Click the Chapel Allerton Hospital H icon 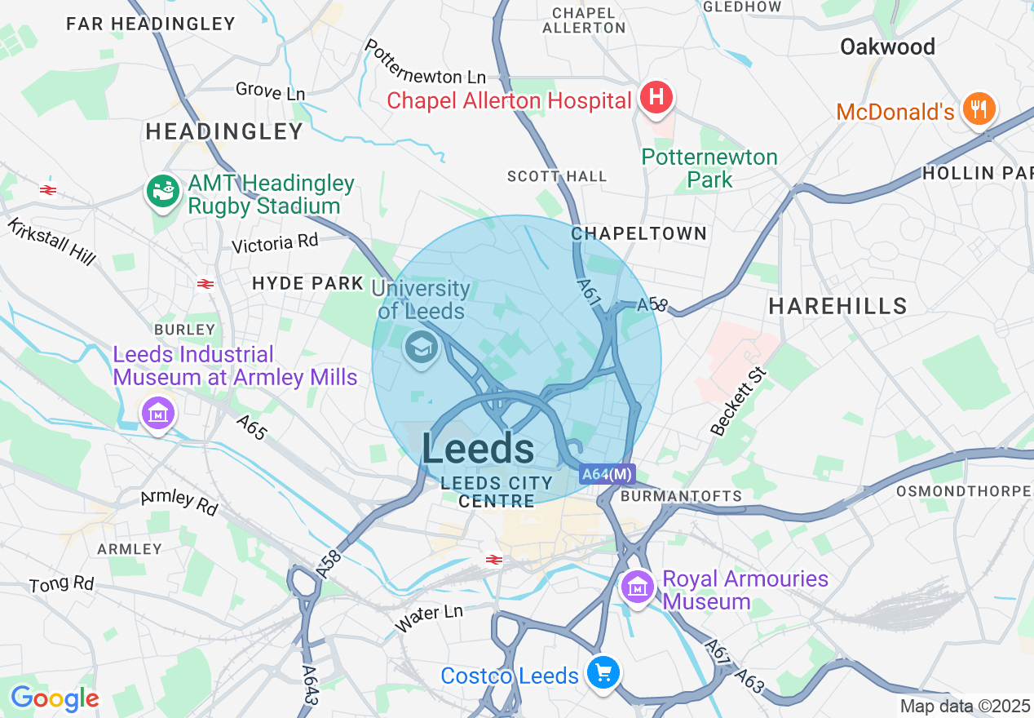(x=656, y=98)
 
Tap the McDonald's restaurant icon (x=977, y=109)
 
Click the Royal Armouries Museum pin (x=637, y=587)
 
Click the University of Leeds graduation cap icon (x=422, y=348)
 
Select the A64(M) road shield (x=608, y=474)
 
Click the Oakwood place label (x=887, y=47)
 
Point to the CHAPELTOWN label (x=639, y=233)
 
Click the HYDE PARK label (x=307, y=283)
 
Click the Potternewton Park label (x=709, y=168)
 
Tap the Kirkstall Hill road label (x=51, y=241)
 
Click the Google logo (x=55, y=698)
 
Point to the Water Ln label (x=429, y=618)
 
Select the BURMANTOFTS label (x=681, y=495)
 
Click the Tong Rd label (x=61, y=584)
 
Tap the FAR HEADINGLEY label (x=151, y=24)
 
